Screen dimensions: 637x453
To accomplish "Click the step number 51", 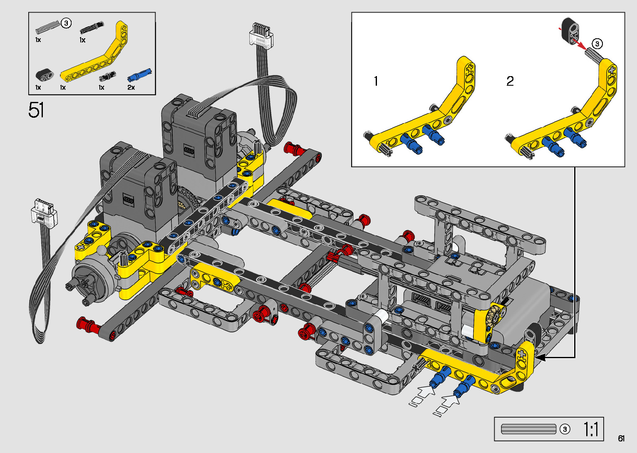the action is [x=36, y=110].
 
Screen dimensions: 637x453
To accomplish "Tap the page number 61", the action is [x=621, y=438].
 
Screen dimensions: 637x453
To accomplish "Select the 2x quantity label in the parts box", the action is [x=131, y=87].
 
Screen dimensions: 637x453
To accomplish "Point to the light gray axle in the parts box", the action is [x=48, y=27].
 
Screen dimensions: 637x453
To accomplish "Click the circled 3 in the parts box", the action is [x=66, y=23].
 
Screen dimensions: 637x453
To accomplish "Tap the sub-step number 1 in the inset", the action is [x=376, y=81].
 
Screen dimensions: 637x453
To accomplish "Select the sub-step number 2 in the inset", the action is [x=510, y=81].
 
